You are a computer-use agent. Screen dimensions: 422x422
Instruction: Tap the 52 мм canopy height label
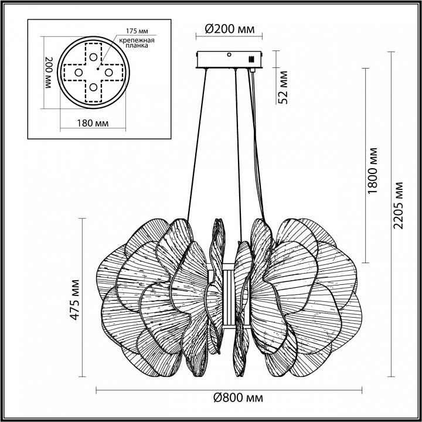pos(284,87)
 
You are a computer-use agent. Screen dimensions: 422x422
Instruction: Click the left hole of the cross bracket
pos(77,71)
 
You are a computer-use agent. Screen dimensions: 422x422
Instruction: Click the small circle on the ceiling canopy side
pos(230,55)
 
